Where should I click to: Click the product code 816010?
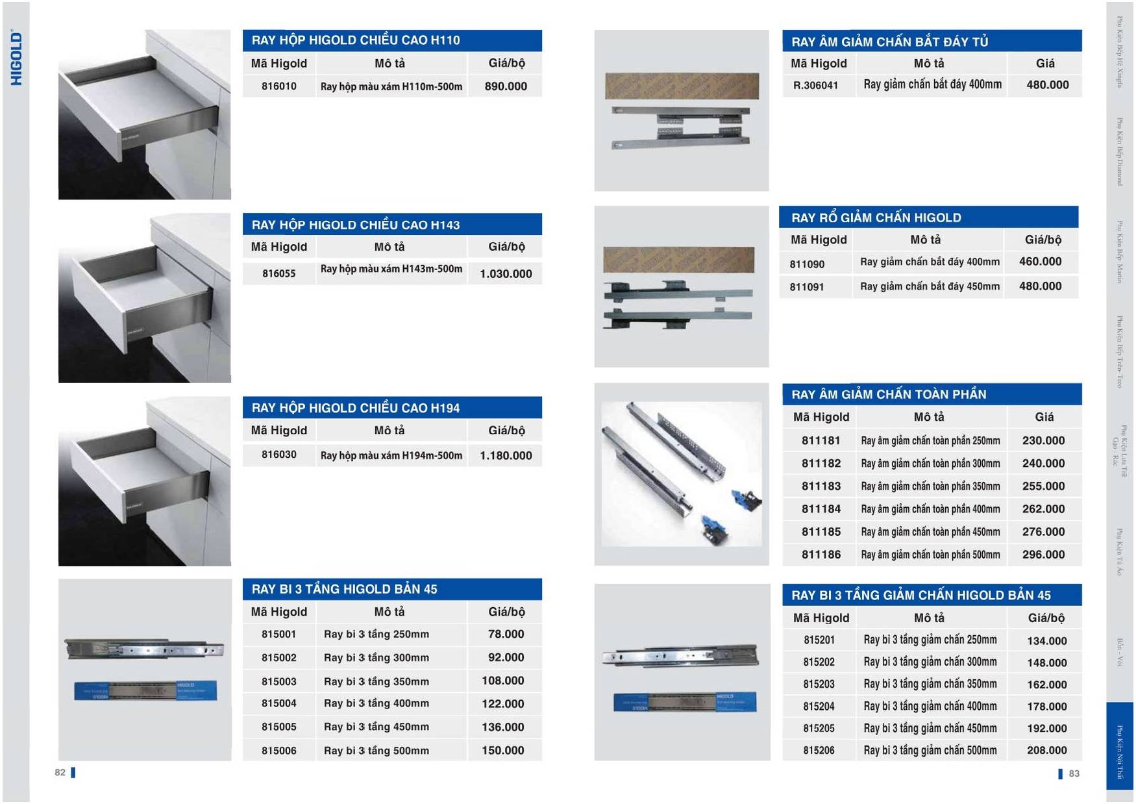tap(278, 86)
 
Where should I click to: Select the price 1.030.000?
tap(506, 274)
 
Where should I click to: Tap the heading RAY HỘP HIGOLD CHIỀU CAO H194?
tap(355, 408)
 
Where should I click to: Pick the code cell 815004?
tap(278, 703)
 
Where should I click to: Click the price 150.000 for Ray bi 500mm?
tap(502, 750)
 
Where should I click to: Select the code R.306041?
tap(815, 85)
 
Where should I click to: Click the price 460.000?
tap(1040, 262)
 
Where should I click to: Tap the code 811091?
tap(806, 286)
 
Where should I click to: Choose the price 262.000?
tap(1043, 509)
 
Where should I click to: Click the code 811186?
tap(821, 555)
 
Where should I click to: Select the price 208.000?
tap(1046, 750)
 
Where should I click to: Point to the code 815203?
tap(819, 685)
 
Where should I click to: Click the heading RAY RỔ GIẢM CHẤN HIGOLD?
tap(876, 218)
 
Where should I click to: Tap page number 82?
tap(60, 773)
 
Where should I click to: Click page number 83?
tap(1074, 773)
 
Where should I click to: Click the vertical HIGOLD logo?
tap(16, 58)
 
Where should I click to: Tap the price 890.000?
tap(506, 86)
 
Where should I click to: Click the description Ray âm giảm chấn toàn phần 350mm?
tap(930, 486)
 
